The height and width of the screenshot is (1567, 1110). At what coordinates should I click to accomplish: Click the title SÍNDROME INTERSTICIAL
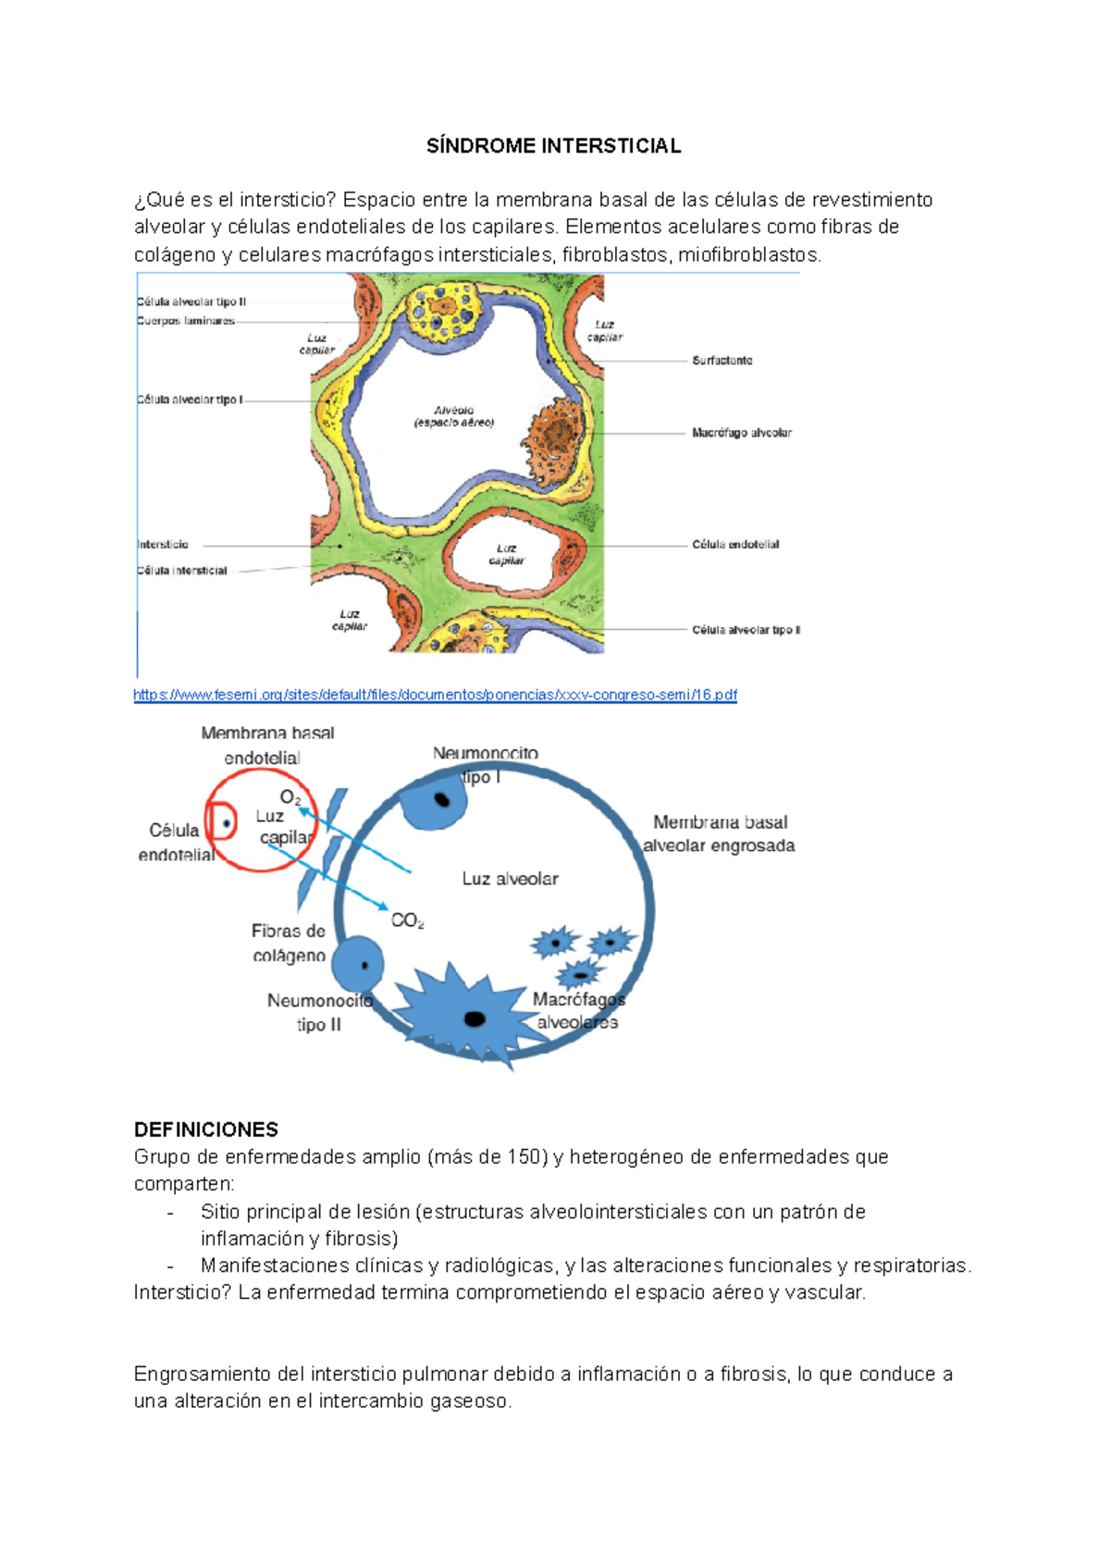[553, 146]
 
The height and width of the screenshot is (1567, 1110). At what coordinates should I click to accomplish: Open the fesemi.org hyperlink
[435, 695]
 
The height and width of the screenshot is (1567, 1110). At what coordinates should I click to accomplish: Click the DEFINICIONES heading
[205, 1129]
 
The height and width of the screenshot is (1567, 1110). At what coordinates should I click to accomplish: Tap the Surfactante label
[721, 361]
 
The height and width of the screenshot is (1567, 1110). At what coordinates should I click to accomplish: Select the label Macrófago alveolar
[741, 433]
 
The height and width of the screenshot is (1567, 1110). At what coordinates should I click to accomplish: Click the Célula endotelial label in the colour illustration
[735, 545]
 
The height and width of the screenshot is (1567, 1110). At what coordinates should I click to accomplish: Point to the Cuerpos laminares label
[185, 321]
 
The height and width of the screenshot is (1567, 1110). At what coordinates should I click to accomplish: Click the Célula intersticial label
[182, 571]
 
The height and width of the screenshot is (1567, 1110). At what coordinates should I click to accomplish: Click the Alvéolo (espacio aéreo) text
[453, 416]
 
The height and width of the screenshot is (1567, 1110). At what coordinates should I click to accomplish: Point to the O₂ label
[290, 797]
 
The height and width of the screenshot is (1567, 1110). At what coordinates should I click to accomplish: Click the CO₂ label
[407, 920]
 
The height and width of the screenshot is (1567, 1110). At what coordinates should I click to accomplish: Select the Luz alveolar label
[510, 879]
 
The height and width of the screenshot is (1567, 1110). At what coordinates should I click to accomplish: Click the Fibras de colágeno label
[289, 943]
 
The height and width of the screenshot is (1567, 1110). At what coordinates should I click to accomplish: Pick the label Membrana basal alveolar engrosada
[720, 833]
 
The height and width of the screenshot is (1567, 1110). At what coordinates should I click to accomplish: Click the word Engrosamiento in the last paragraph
[193, 1375]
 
